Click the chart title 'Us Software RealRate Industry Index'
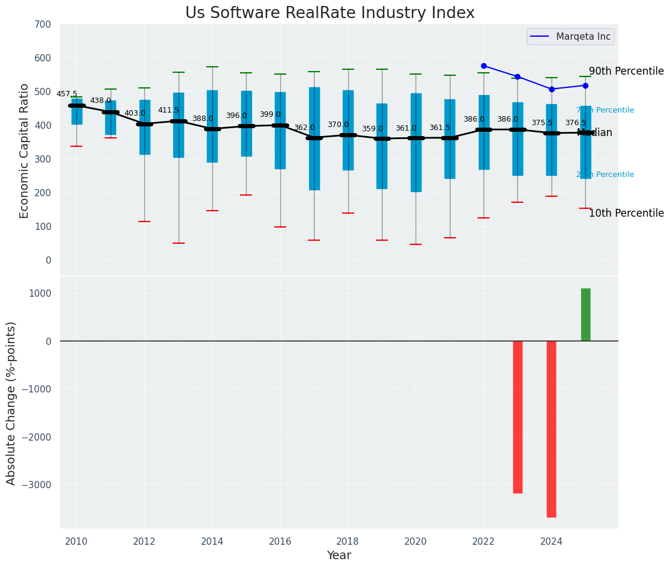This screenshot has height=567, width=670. [x=330, y=13]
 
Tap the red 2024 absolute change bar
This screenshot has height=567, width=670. [x=552, y=429]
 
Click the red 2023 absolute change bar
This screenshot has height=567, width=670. [x=517, y=417]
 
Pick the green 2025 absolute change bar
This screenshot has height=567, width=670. [x=585, y=314]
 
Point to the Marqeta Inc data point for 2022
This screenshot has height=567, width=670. [x=484, y=66]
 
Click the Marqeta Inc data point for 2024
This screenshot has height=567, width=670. [x=552, y=89]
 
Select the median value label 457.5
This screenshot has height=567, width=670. [x=67, y=94]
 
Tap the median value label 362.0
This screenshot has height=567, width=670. [x=304, y=128]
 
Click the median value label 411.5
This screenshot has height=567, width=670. [x=168, y=111]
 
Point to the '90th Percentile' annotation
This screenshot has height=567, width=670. [x=626, y=71]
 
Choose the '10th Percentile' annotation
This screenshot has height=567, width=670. [x=626, y=213]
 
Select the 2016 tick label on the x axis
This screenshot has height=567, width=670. [x=280, y=542]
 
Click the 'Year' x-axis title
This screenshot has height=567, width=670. [x=339, y=556]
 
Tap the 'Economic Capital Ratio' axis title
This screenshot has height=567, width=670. [x=25, y=150]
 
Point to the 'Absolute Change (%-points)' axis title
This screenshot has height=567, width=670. [x=11, y=403]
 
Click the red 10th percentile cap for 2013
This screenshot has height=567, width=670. [x=178, y=243]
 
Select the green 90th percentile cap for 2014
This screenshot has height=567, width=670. [x=212, y=67]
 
